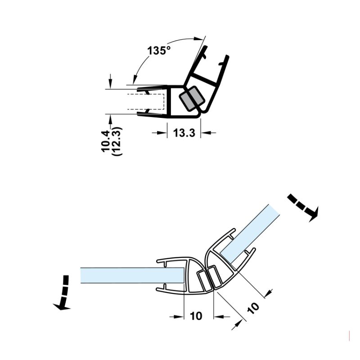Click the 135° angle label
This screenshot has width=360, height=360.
point(159,50)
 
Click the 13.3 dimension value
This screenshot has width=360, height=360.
point(184,133)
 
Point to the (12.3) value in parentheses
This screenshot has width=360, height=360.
point(117,141)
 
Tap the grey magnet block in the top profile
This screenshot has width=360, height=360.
point(192,99)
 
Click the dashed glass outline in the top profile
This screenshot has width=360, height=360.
point(146,102)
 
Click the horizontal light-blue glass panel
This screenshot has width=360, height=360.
point(132,275)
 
